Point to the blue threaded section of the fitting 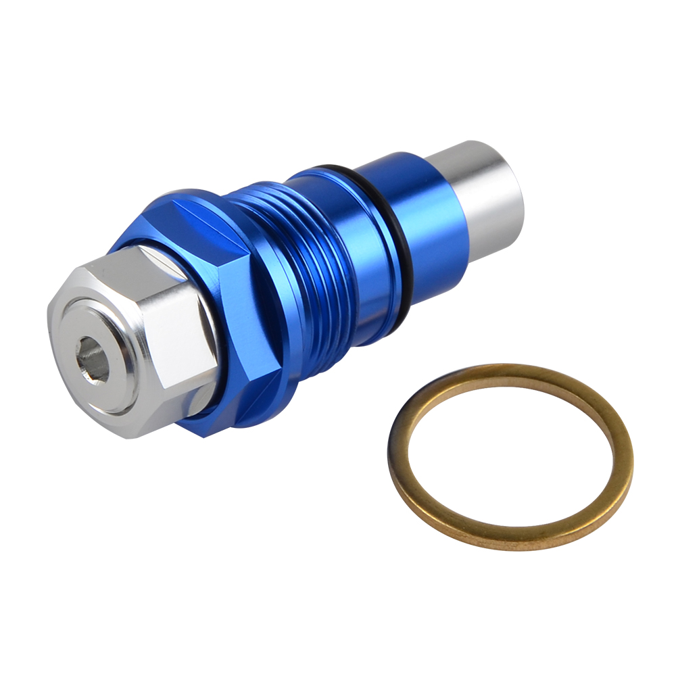click(297, 270)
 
